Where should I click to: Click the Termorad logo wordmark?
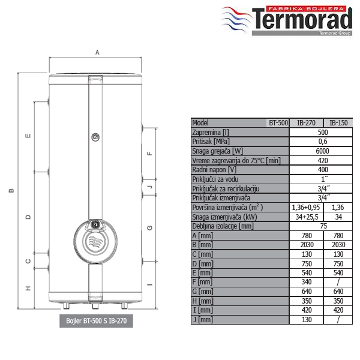[x=302, y=19]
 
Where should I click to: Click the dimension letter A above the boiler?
[x=97, y=52]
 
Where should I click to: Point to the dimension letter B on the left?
[x=11, y=191]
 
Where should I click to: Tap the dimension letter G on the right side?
[x=149, y=228]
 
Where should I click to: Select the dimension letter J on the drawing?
[x=149, y=187]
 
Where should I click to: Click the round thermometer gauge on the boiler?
[x=95, y=137]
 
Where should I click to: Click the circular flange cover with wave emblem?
[x=95, y=242]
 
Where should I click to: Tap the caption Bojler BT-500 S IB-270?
[x=96, y=321]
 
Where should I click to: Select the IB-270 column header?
[x=306, y=123]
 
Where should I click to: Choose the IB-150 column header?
[x=338, y=123]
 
